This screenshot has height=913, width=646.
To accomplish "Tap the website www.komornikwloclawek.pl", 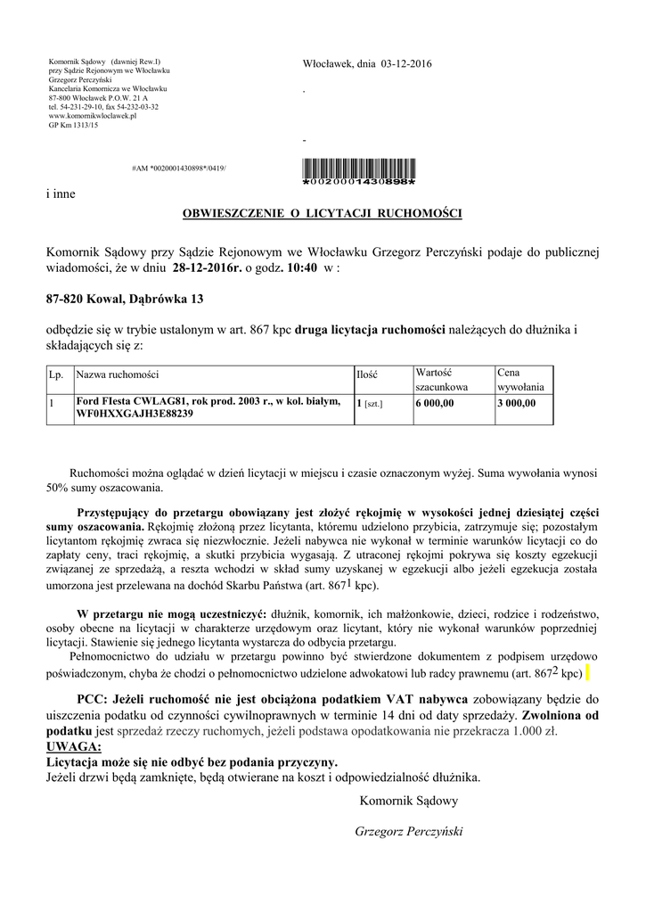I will click(93, 116).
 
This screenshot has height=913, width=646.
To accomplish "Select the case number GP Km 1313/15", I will click(74, 126).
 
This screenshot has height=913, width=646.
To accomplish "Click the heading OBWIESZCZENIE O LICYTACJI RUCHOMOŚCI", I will click(323, 214).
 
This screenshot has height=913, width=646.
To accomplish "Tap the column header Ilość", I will click(367, 374).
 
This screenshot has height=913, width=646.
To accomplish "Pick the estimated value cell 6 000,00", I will click(435, 403).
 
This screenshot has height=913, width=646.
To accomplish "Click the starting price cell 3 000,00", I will click(517, 403).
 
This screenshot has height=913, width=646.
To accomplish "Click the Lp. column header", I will click(55, 374).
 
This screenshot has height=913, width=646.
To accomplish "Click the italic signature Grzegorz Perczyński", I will click(409, 831).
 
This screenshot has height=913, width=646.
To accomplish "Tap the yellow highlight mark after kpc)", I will click(590, 671).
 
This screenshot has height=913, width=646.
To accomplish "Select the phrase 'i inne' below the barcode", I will click(61, 193).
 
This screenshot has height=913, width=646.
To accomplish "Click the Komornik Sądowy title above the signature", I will click(409, 801).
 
